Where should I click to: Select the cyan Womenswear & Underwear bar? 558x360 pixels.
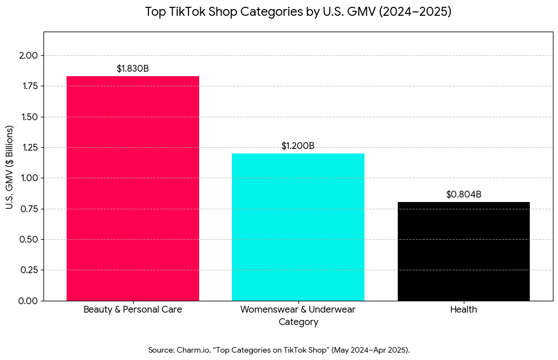[x=298, y=227]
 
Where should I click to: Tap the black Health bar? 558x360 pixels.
[x=463, y=251]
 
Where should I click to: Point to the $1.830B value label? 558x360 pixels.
[x=133, y=69]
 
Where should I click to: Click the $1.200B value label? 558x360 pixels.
[x=298, y=146]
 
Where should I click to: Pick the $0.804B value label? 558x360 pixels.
[x=463, y=195]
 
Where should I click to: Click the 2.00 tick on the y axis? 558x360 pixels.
[x=28, y=56]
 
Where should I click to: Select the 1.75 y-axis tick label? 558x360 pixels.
[x=28, y=86]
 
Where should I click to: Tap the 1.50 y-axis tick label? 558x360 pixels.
[x=28, y=117]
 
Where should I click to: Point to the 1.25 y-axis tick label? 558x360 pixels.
[x=28, y=148]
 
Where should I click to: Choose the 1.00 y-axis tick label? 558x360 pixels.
[x=28, y=178]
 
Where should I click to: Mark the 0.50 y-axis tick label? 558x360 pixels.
[x=28, y=239]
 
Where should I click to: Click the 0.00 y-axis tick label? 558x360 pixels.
[x=28, y=301]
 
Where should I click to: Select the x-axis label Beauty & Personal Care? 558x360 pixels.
[x=133, y=310]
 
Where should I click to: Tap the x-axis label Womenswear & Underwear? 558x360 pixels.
[x=298, y=310]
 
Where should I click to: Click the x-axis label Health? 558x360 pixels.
[x=463, y=310]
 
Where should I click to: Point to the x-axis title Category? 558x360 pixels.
[x=298, y=322]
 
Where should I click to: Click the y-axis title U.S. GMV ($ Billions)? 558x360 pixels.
[x=10, y=166]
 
